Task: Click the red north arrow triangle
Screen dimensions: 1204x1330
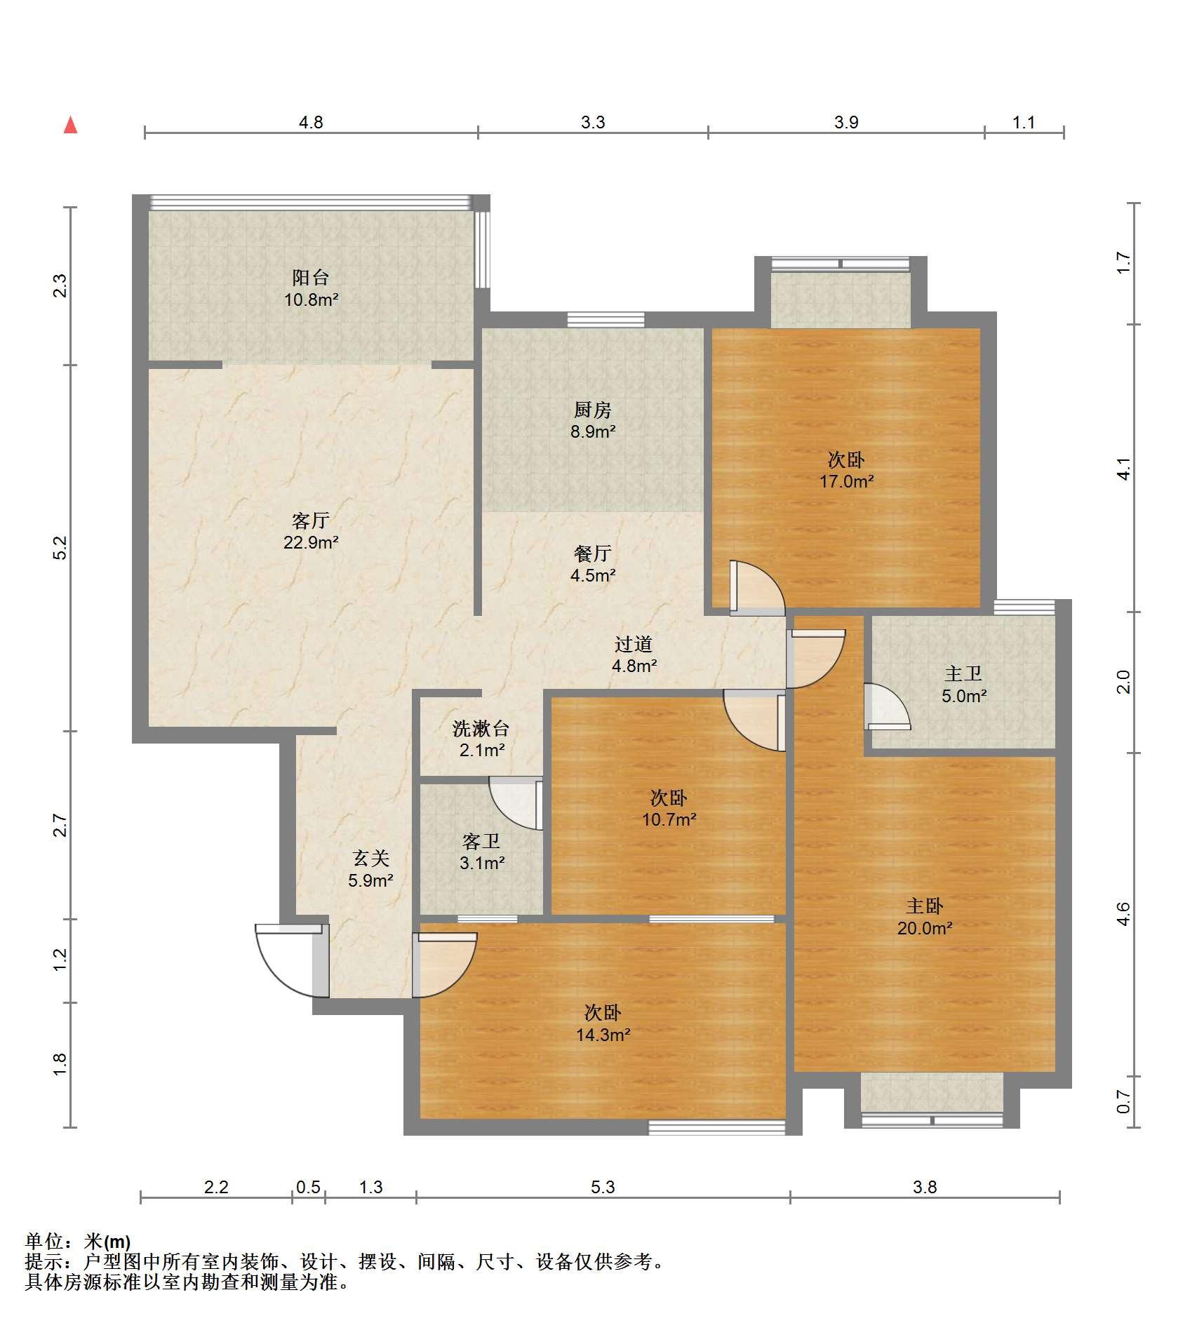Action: (x=70, y=125)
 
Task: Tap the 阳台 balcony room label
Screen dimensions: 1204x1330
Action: (x=311, y=277)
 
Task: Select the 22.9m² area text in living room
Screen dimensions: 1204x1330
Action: (x=311, y=542)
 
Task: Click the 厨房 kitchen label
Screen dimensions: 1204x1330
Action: (x=593, y=409)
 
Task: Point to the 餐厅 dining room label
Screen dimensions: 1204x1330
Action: (x=593, y=553)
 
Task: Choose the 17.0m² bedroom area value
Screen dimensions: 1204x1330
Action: (x=847, y=481)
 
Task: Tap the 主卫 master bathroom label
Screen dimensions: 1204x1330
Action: (x=963, y=674)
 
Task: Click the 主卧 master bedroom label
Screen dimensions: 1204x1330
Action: (x=925, y=906)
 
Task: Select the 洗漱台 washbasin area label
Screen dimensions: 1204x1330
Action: (x=481, y=729)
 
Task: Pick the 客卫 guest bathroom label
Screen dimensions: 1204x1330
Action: (x=481, y=841)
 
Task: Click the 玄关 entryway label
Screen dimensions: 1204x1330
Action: (x=370, y=858)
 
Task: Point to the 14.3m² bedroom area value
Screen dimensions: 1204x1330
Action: (x=603, y=1035)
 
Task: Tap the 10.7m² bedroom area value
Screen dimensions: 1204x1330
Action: (x=669, y=819)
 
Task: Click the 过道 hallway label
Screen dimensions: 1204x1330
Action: (x=634, y=644)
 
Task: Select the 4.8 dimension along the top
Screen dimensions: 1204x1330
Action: (x=311, y=123)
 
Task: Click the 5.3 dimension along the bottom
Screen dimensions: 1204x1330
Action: (x=603, y=1187)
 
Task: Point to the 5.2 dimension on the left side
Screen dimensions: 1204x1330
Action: (x=60, y=548)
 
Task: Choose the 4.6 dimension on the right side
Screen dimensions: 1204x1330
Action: (x=1124, y=914)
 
